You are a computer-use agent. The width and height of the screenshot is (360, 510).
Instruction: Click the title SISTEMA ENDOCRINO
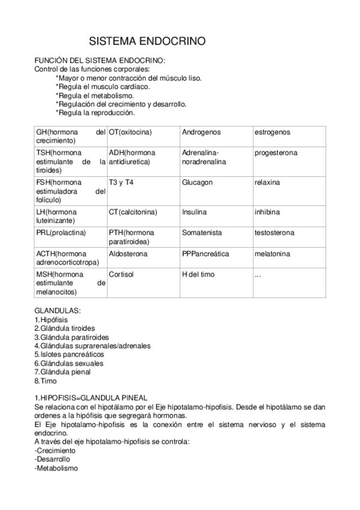tap(147, 41)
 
